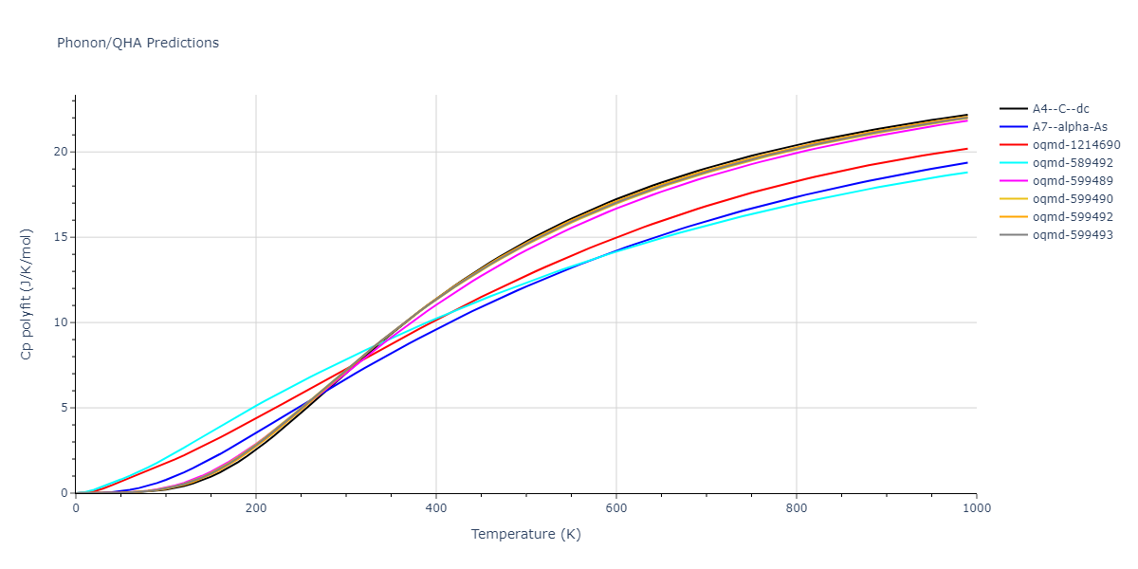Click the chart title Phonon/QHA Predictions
pos(138,43)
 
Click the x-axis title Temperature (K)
pos(525,534)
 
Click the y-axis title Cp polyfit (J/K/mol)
pos(28,294)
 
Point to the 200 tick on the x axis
pos(256,507)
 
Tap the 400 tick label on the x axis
pos(436,507)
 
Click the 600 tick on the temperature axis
pos(616,507)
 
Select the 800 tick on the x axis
pos(797,507)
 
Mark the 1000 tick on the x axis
pos(977,507)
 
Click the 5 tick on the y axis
pos(64,408)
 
